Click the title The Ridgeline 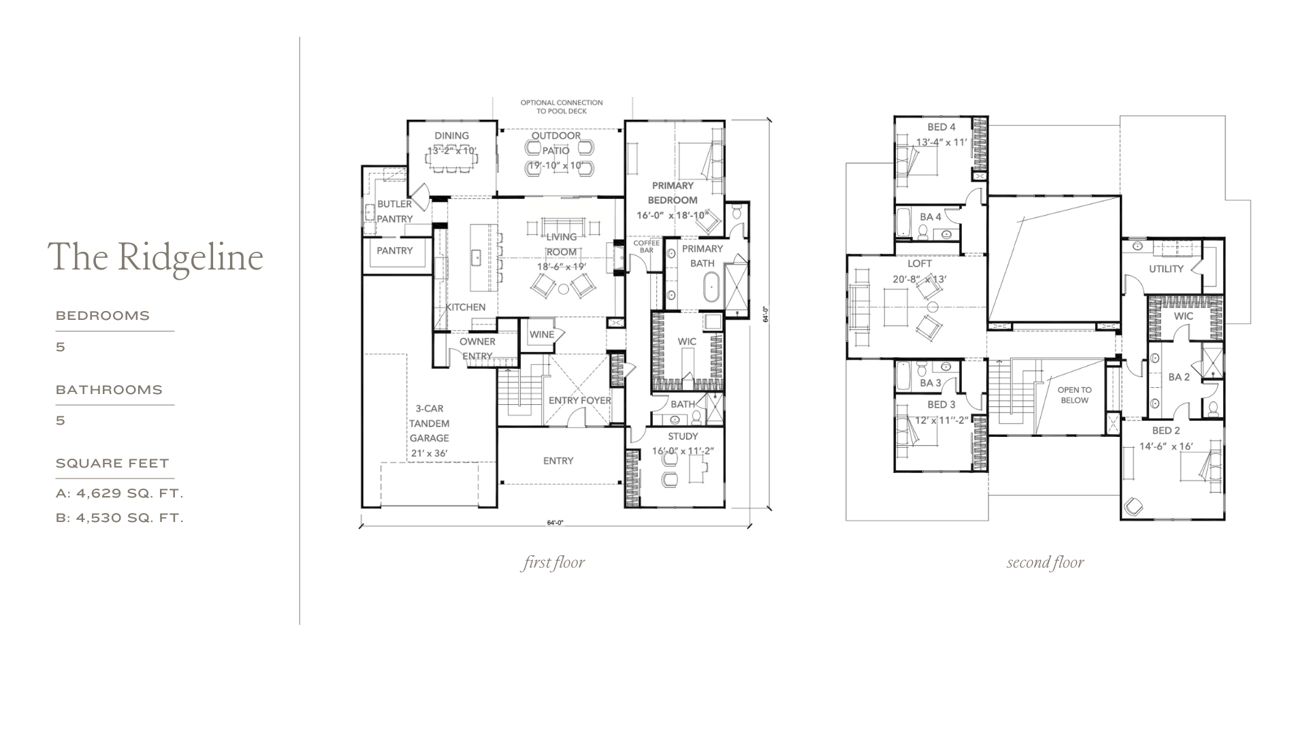tap(155, 257)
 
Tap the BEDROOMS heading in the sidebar tap(103, 316)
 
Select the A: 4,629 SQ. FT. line tap(120, 493)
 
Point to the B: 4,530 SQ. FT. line tap(120, 518)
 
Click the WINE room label tap(542, 334)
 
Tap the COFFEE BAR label tap(647, 246)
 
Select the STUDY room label tap(683, 436)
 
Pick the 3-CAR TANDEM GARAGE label tap(430, 423)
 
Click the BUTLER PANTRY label tap(395, 211)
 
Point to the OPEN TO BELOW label tap(1074, 395)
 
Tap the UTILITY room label tap(1166, 269)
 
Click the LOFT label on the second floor tap(920, 263)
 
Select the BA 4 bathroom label tap(931, 217)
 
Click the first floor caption tap(553, 563)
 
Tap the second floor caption tap(1045, 563)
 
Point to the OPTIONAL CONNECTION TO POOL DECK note tap(562, 107)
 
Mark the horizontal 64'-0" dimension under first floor tap(555, 523)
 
